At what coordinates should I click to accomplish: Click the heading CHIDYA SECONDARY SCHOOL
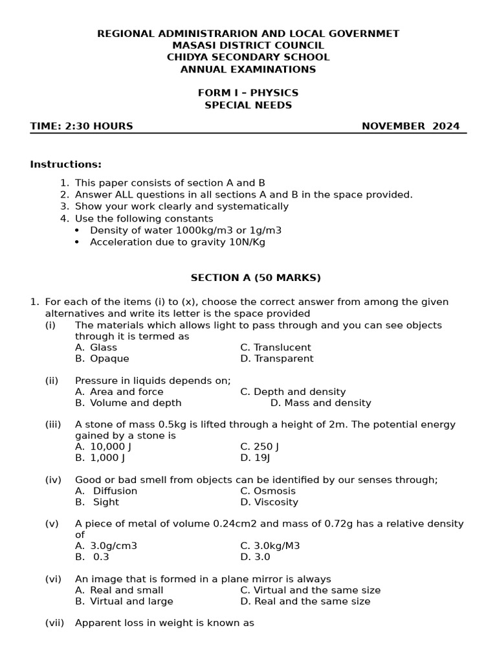coord(248,57)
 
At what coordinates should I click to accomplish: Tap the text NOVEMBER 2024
coord(410,126)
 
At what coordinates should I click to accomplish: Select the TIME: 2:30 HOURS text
coord(82,126)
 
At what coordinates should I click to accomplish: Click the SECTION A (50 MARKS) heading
coord(256,278)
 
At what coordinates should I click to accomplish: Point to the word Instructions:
coord(65,164)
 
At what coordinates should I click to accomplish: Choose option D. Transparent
coord(276,359)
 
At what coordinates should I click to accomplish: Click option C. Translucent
coord(275,348)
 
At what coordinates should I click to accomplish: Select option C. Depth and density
coord(293,392)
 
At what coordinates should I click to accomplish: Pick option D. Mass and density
coord(320,403)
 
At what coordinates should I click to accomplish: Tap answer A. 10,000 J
coord(103,447)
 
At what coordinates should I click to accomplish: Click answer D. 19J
coord(255,458)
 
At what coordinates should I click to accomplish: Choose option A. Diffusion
coord(106,491)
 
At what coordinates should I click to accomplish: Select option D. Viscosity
coord(269,502)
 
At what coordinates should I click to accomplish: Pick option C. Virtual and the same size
coord(310,590)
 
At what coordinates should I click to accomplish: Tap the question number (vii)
coord(54,623)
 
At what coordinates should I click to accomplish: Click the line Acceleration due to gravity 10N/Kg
coord(177,242)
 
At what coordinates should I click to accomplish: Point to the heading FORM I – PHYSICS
coord(248,93)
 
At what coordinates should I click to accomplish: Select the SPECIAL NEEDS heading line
coord(248,105)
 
